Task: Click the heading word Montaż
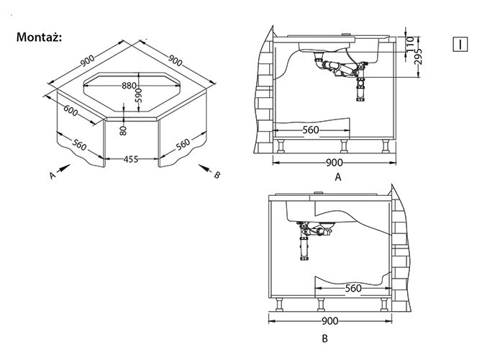39,37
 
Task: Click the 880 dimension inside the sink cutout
129,86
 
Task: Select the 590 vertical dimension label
140,96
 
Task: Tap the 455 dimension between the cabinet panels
131,159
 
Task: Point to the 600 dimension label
71,111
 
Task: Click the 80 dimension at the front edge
123,130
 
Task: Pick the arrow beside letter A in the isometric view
63,168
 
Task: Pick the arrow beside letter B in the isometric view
205,168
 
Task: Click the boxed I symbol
460,44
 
